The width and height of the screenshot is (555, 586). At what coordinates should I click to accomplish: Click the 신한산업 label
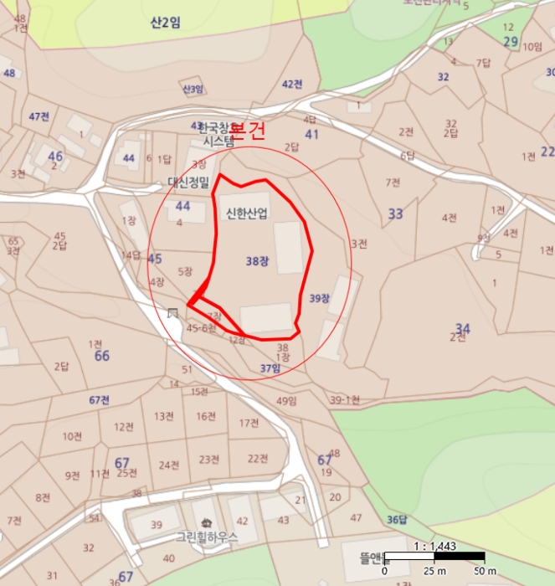pos(246,213)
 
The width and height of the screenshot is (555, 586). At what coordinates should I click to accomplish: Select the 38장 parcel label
pos(257,260)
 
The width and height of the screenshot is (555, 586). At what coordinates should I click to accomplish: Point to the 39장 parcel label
pos(319,298)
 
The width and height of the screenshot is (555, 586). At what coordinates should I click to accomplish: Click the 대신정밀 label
pos(189,182)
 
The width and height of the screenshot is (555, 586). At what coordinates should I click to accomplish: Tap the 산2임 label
pos(165,23)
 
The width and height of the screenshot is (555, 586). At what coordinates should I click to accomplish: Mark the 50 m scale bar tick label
pos(480,571)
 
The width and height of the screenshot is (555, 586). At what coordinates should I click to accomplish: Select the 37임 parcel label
pos(270,368)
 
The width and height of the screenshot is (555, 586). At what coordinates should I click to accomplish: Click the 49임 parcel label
pos(286,401)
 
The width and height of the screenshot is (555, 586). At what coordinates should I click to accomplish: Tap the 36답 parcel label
pos(398,519)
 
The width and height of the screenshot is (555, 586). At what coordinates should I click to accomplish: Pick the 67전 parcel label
pos(99,400)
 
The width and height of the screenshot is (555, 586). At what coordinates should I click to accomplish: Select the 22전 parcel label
pos(257,458)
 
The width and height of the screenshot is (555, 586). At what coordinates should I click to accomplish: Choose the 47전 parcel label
pos(39,116)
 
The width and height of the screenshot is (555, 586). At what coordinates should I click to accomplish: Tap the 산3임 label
pos(193,89)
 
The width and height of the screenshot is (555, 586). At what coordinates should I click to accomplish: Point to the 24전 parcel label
pos(170,465)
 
